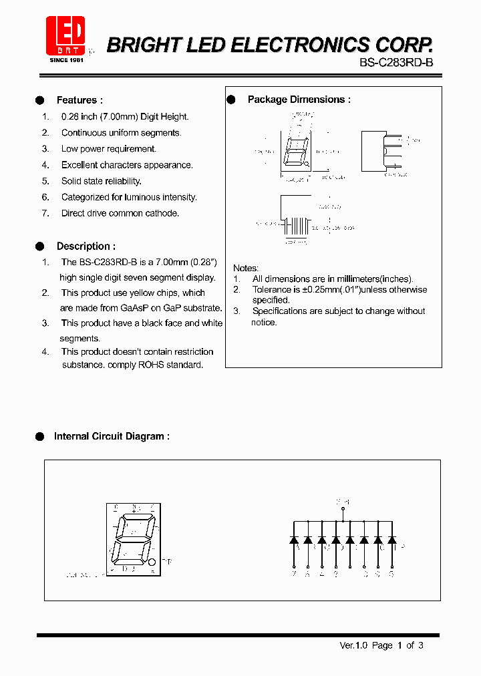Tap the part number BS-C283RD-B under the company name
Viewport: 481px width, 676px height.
pyautogui.click(x=396, y=63)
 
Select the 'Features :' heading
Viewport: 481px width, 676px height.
pyautogui.click(x=79, y=100)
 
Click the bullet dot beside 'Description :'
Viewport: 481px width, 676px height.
pyautogui.click(x=39, y=246)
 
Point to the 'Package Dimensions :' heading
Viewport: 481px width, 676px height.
pyautogui.click(x=299, y=100)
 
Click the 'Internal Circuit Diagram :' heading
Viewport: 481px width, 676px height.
pyautogui.click(x=112, y=436)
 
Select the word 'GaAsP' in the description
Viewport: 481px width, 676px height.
pyautogui.click(x=136, y=308)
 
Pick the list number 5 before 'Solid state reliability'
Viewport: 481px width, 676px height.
pyautogui.click(x=45, y=181)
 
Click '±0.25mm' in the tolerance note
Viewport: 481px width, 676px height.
pyautogui.click(x=315, y=290)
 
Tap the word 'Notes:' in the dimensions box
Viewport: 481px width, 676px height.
pyautogui.click(x=246, y=268)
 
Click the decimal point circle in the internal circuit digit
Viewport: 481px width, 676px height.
pyautogui.click(x=152, y=562)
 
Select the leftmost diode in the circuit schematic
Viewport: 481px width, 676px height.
pyautogui.click(x=294, y=539)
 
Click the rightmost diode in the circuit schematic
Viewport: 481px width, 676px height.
pyautogui.click(x=392, y=539)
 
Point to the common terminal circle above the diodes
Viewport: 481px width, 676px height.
pyautogui.click(x=343, y=509)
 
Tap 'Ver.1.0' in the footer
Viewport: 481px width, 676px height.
pyautogui.click(x=353, y=645)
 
